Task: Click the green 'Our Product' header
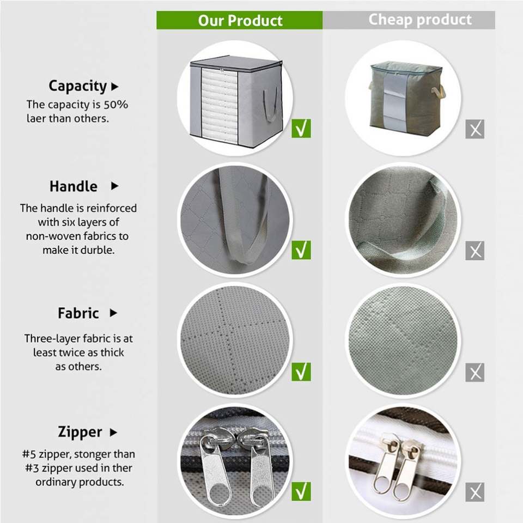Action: (x=240, y=20)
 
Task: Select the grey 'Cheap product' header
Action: (x=409, y=20)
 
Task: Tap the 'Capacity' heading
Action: (x=77, y=86)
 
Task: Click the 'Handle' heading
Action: (x=74, y=186)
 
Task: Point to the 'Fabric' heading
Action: (x=78, y=313)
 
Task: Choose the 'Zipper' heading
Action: (x=80, y=432)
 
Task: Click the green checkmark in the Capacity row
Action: (x=301, y=129)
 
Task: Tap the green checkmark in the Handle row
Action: (x=301, y=250)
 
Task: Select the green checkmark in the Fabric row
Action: (x=301, y=372)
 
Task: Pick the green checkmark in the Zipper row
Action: (x=301, y=491)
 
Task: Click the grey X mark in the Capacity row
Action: (x=475, y=129)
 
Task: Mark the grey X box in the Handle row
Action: (x=475, y=251)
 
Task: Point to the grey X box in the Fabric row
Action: (x=475, y=372)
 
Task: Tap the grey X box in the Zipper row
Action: (x=475, y=492)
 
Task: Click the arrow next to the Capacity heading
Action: (x=115, y=87)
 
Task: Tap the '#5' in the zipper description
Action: (x=29, y=454)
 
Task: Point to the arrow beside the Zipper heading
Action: (x=113, y=432)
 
